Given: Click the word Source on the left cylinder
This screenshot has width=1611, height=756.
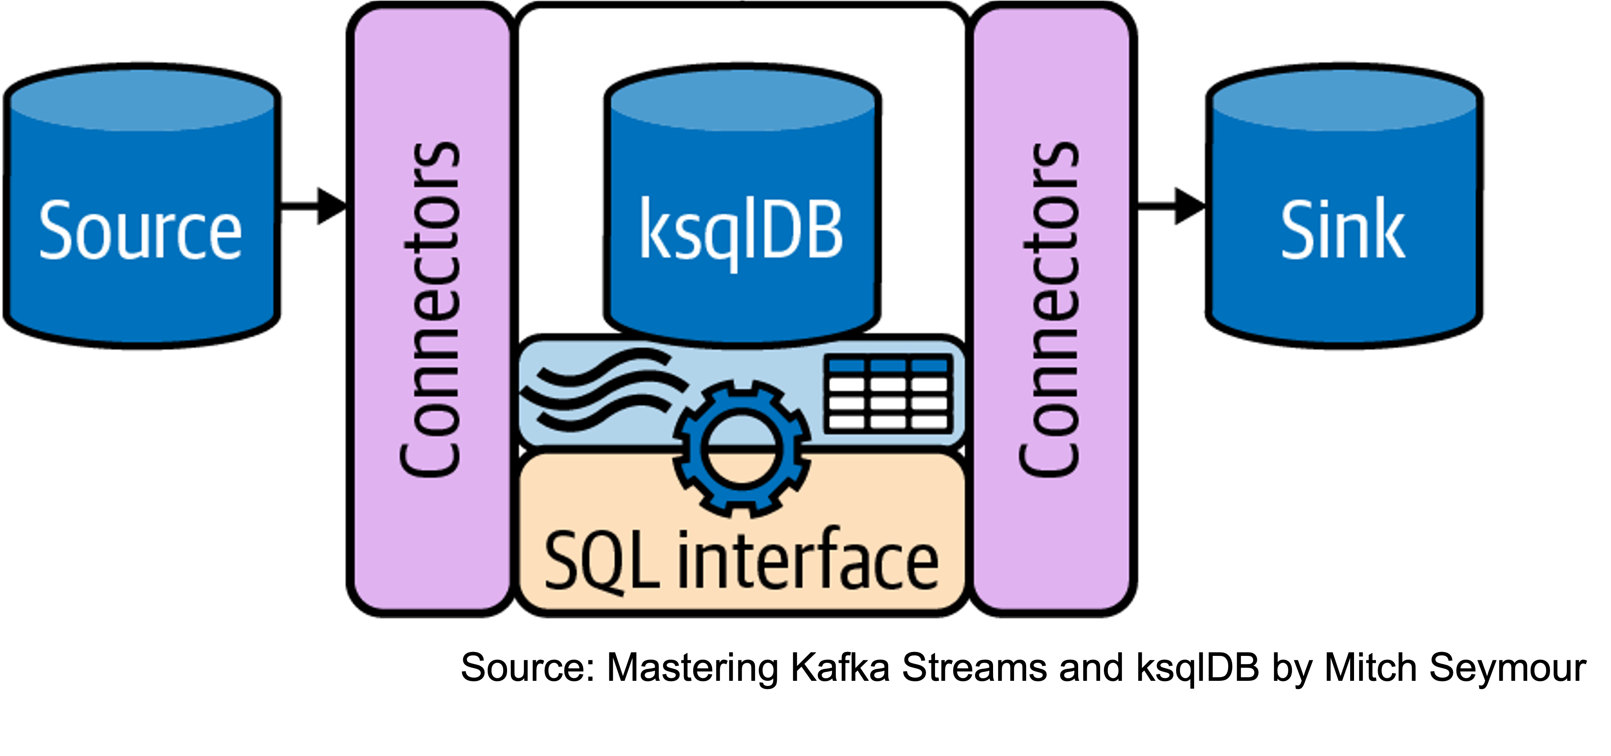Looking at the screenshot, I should tap(140, 230).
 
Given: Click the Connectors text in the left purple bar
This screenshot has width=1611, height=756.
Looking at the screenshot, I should tap(430, 310).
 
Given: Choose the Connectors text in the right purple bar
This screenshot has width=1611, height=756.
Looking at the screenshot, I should tap(1049, 310).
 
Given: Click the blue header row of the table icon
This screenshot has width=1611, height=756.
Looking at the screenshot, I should tap(889, 365).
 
